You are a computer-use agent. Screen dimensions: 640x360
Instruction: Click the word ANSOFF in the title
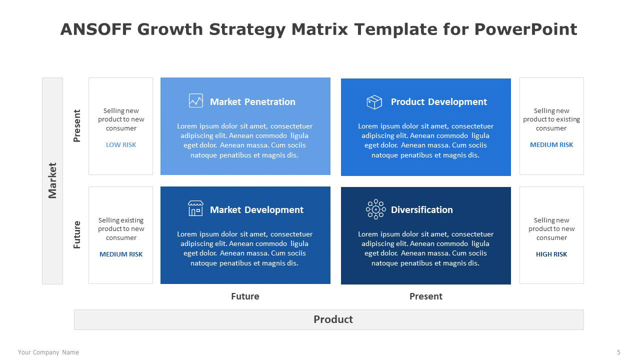pos(96,29)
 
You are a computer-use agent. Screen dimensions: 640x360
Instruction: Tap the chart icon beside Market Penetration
pos(196,100)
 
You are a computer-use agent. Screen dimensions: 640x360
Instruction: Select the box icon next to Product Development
pos(374,102)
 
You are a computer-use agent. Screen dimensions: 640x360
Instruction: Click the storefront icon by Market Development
pos(195,208)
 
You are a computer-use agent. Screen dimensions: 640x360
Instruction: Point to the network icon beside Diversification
pos(375,209)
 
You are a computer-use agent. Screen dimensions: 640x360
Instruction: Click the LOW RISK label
pos(121,145)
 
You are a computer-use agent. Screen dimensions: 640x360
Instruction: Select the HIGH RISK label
pos(551,254)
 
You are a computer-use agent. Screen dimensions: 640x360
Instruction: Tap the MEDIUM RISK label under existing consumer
pos(551,145)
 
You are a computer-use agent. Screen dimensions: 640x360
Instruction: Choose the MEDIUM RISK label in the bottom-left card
pos(121,254)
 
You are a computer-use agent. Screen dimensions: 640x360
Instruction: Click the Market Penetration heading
pos(252,101)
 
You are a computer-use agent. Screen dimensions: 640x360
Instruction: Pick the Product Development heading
pos(439,101)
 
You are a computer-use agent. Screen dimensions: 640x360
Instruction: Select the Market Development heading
pos(256,209)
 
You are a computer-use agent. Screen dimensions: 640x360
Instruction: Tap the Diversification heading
pos(421,209)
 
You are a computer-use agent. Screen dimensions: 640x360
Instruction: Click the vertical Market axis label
pos(52,180)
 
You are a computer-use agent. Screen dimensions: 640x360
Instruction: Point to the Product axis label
pos(333,319)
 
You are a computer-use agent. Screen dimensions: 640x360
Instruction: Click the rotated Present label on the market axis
pos(77,125)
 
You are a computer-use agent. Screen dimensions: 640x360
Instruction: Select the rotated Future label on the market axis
pos(77,235)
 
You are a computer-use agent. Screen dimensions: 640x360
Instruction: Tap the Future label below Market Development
pos(245,296)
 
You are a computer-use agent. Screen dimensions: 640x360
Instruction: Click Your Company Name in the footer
pos(48,352)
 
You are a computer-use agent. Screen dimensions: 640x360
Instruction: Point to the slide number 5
pos(618,352)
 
